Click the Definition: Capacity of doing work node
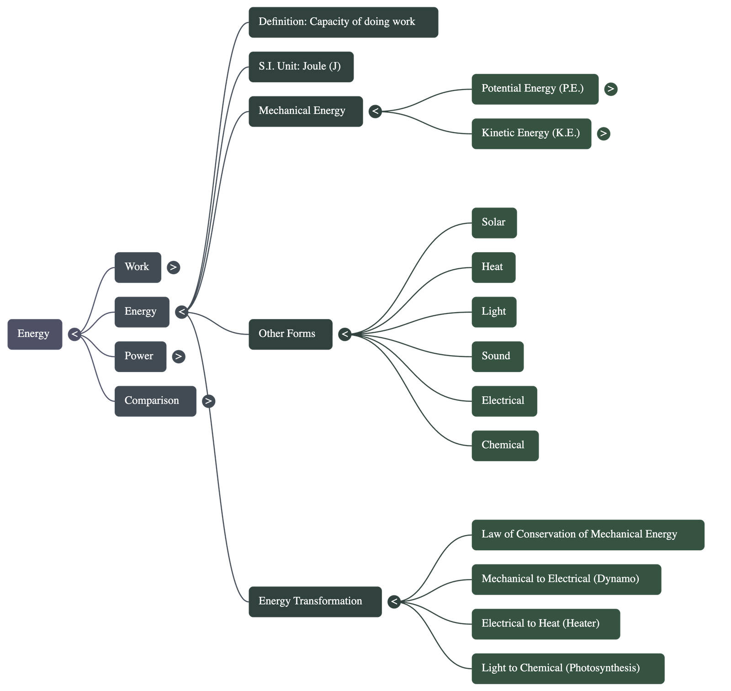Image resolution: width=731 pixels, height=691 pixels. [343, 22]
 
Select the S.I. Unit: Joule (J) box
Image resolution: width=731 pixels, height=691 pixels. [301, 67]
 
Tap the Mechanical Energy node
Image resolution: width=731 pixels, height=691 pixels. [305, 111]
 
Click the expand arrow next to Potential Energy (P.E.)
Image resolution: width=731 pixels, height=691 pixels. [610, 89]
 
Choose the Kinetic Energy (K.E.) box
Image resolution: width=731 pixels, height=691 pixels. [531, 133]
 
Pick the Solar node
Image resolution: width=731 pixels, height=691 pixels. [494, 223]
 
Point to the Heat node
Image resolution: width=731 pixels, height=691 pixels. [493, 267]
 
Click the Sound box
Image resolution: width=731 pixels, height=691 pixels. [497, 356]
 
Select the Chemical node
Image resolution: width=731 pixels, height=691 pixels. [505, 446]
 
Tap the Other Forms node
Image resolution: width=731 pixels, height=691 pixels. [290, 335]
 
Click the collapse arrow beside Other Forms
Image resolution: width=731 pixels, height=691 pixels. [345, 335]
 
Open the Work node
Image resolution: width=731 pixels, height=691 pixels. [138, 267]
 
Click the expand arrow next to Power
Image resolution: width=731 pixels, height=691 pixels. [179, 356]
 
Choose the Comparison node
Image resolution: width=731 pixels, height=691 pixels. [155, 401]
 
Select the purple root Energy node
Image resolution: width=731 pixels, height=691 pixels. [35, 335]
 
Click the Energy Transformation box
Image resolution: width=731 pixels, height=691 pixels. [315, 601]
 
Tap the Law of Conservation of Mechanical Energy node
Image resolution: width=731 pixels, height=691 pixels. [588, 535]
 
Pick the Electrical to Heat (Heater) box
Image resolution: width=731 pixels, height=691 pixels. [546, 624]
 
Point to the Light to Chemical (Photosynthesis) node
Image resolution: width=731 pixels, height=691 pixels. [567, 668]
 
